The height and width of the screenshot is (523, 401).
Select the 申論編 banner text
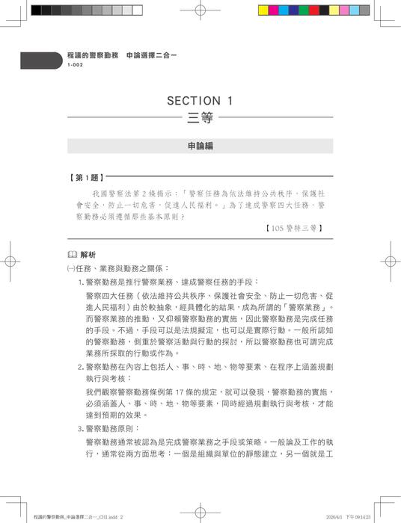pyautogui.click(x=200, y=146)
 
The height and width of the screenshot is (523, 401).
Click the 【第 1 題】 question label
pyautogui.click(x=86, y=179)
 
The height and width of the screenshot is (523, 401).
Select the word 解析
pyautogui.click(x=88, y=254)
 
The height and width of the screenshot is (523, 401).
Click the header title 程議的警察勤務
pyautogui.click(x=93, y=56)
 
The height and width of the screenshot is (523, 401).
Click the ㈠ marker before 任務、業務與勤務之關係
pyautogui.click(x=70, y=267)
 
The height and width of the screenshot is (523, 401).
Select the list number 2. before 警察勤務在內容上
pyautogui.click(x=82, y=367)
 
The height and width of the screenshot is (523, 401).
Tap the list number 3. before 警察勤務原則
pyautogui.click(x=82, y=429)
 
